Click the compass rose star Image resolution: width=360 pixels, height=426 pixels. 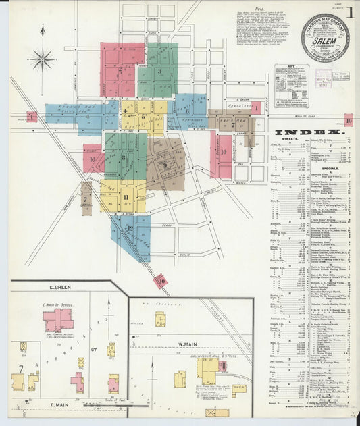(x=42, y=59)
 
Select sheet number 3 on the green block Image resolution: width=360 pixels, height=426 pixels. (x=160, y=71)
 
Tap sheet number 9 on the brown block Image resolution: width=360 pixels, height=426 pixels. (x=164, y=165)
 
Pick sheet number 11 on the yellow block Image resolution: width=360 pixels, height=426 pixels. (x=126, y=197)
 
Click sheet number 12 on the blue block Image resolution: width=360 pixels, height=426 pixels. (x=130, y=229)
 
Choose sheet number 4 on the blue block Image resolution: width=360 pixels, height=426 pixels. (x=88, y=117)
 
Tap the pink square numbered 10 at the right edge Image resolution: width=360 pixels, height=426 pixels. (x=349, y=120)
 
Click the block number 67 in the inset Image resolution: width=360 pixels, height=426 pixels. (x=95, y=349)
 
